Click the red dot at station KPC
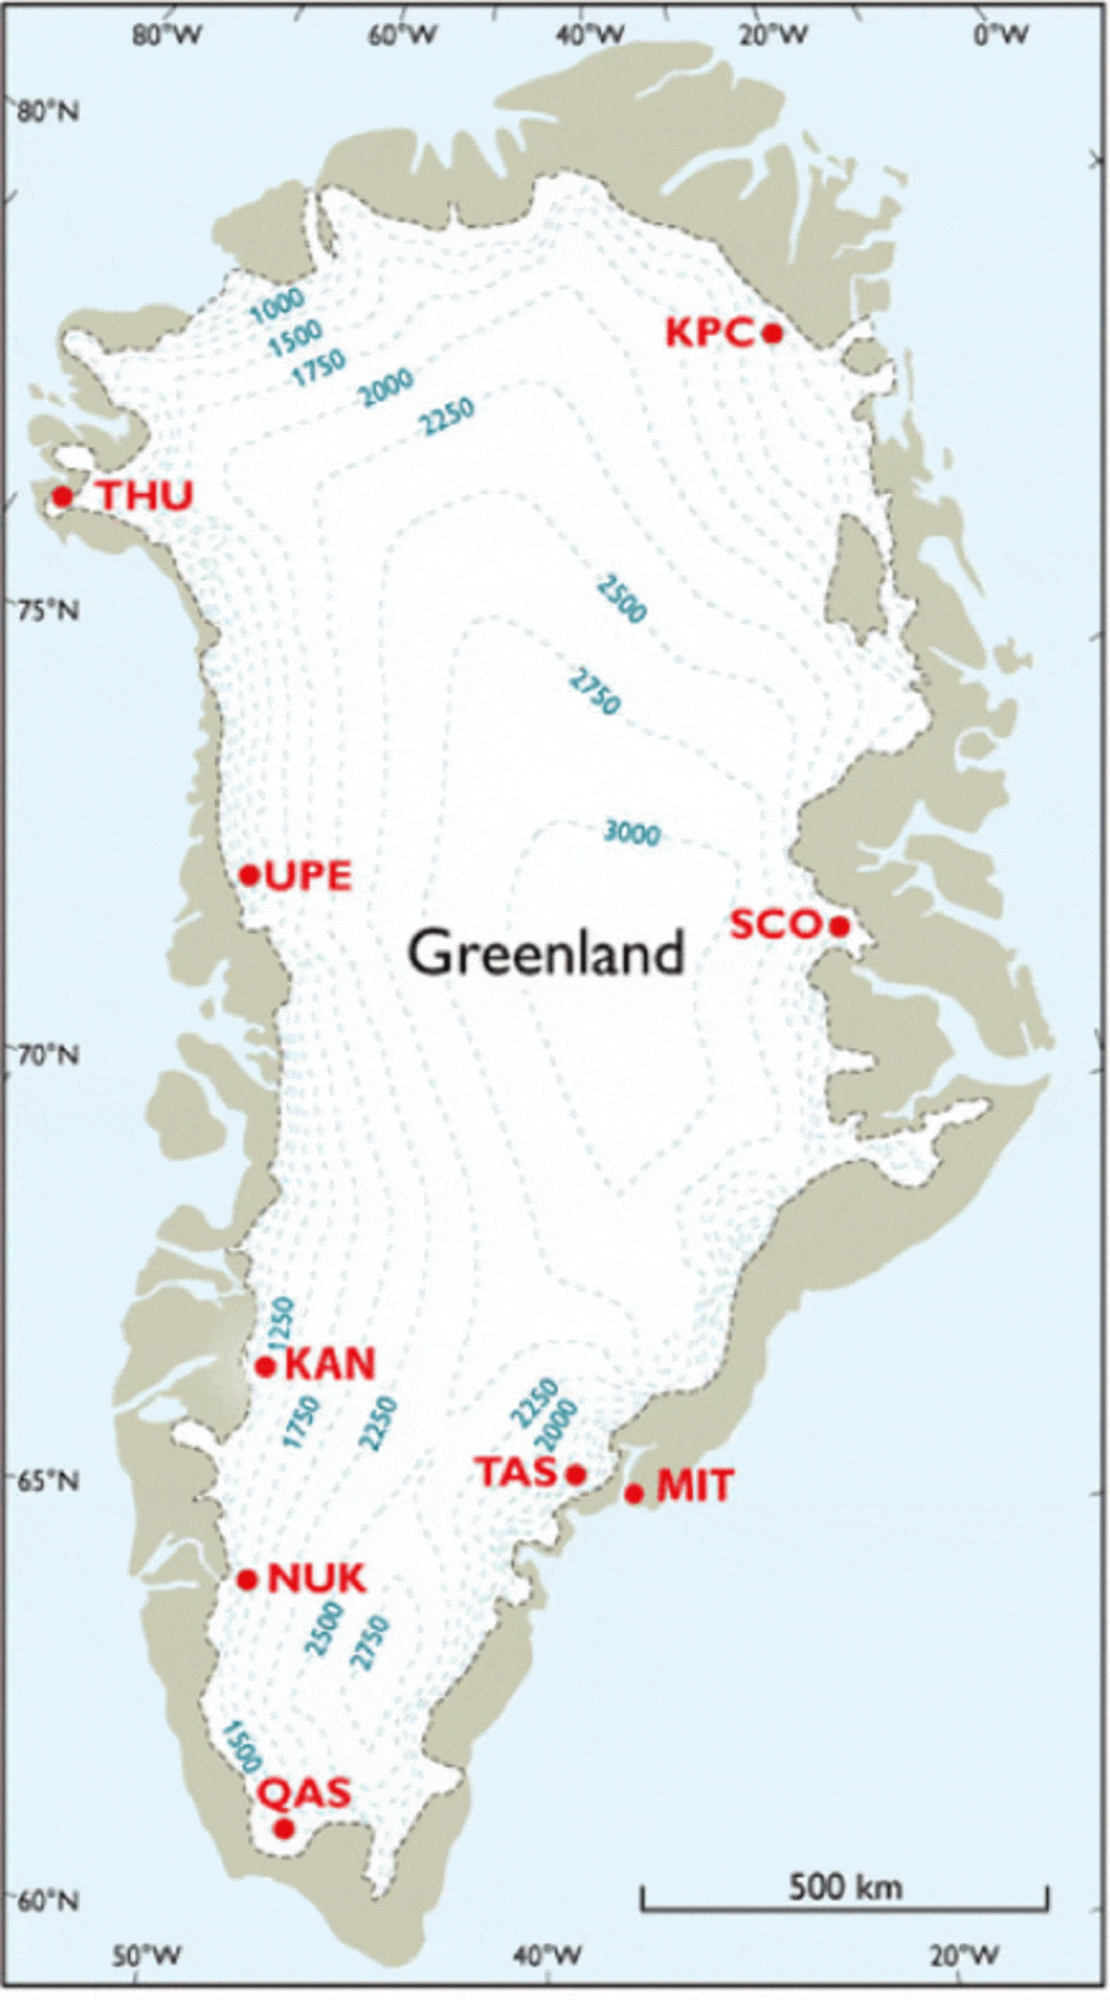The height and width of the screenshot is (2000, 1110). tap(772, 333)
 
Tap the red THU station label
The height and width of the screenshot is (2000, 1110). tap(146, 496)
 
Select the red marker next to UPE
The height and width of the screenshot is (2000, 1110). tap(250, 875)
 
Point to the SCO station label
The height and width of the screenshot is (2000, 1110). tap(775, 924)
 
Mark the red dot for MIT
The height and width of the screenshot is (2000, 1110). tap(633, 1493)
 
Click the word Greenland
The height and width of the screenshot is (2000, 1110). tap(545, 953)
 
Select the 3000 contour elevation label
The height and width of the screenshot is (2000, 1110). tap(631, 833)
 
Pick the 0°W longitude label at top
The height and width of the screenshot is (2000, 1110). tap(1001, 34)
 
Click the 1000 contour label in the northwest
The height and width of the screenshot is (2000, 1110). tap(277, 306)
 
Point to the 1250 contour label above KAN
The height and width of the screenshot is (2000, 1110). tap(281, 1323)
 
